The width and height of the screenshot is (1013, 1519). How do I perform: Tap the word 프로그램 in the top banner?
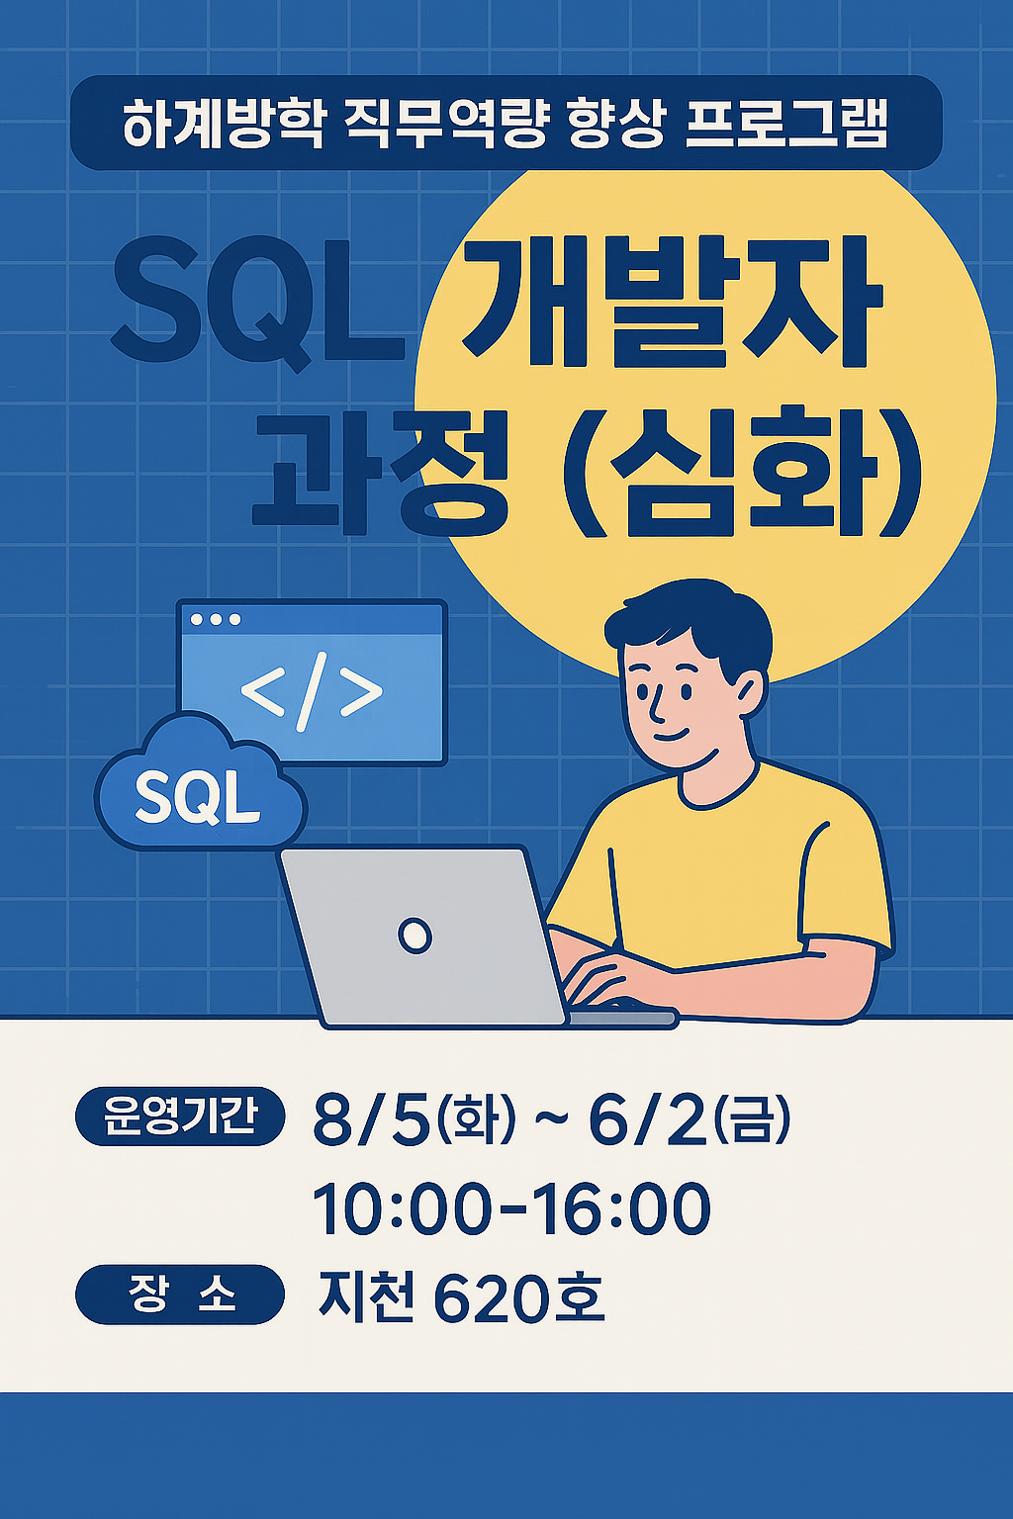tap(786, 126)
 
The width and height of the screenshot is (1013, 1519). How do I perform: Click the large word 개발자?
tap(672, 302)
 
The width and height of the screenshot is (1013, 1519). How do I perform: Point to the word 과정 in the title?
tap(381, 470)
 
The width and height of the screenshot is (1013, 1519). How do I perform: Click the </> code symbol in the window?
tap(312, 693)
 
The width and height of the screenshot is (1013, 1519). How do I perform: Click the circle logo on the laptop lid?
tap(414, 935)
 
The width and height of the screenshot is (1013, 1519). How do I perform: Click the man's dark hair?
tap(692, 618)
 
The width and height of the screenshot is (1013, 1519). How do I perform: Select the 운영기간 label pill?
tap(180, 1117)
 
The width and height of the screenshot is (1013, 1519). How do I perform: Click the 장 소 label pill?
tap(180, 1295)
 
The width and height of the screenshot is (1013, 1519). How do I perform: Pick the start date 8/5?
tap(371, 1120)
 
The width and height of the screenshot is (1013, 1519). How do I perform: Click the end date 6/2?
tap(648, 1120)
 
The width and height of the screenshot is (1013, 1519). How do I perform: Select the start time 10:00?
tap(401, 1208)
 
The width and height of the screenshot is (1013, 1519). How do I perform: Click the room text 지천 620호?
tap(461, 1296)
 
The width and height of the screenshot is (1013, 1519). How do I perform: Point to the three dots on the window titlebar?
tap(216, 619)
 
